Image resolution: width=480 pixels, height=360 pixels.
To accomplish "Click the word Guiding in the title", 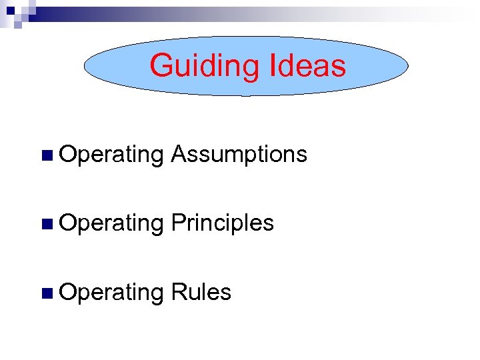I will click(203, 66).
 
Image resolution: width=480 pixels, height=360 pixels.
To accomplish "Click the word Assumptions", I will click(239, 155).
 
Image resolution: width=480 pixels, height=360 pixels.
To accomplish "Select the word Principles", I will click(222, 223).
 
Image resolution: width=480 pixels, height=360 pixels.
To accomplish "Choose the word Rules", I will click(201, 292).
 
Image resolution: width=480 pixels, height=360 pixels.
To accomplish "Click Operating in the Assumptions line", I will click(111, 155).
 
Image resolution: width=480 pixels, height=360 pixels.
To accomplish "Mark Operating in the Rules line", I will click(111, 293).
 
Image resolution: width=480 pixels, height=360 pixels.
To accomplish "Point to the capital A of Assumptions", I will click(178, 155).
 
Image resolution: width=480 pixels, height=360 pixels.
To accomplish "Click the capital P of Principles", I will click(177, 223).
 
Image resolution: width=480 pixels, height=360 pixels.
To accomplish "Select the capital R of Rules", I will click(178, 292).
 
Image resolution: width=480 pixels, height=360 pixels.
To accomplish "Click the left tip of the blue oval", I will click(85, 66).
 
